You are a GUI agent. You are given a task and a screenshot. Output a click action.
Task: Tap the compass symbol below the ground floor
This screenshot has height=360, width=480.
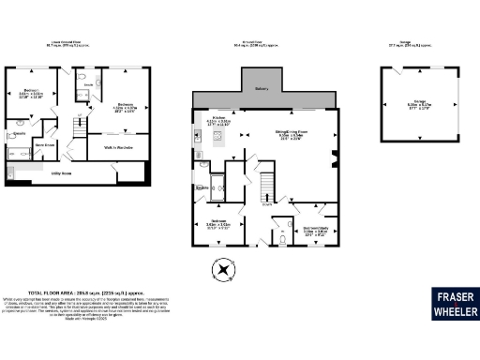tap(223, 271)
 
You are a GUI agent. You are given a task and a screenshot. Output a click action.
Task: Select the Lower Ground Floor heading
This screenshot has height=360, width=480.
tap(72, 42)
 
